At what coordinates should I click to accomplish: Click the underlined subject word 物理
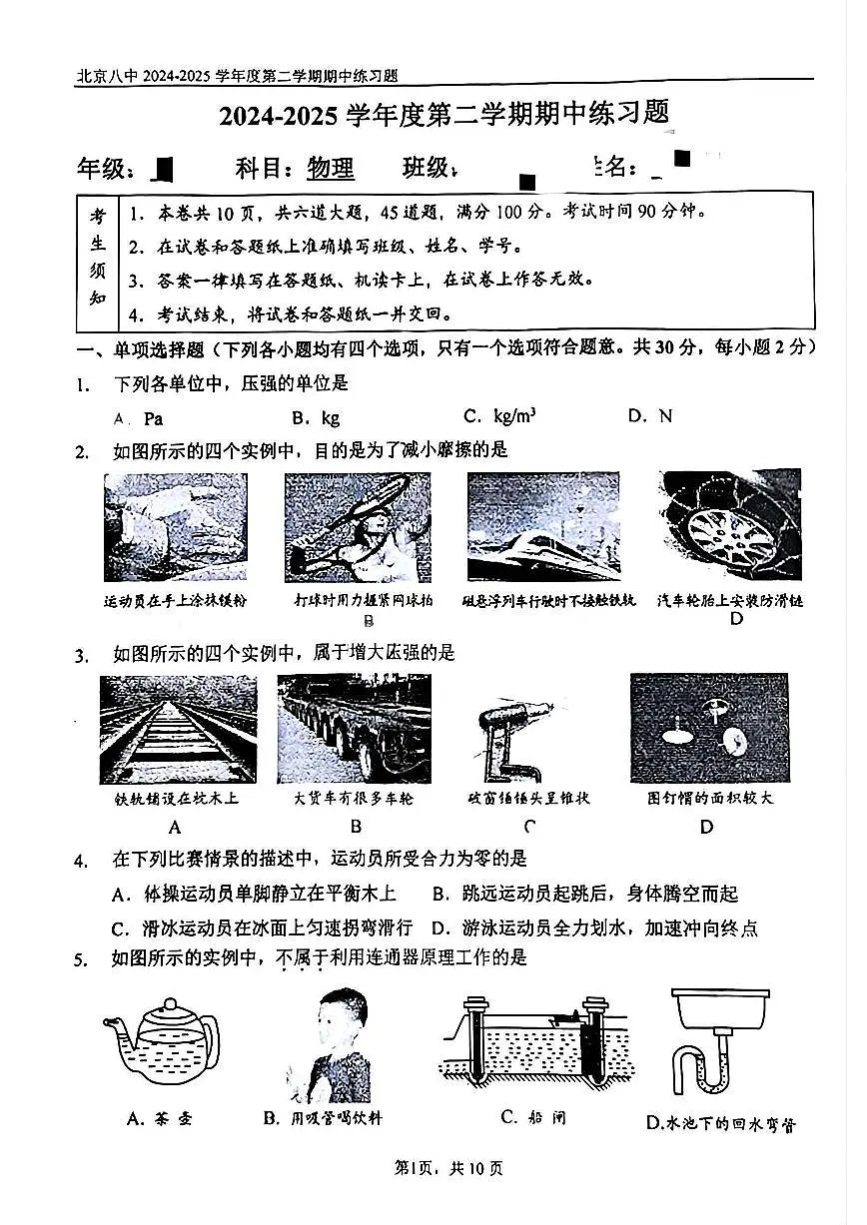[x=331, y=168]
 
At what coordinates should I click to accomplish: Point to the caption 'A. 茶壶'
[x=160, y=1118]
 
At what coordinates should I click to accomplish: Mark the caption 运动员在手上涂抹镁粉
[x=176, y=601]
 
